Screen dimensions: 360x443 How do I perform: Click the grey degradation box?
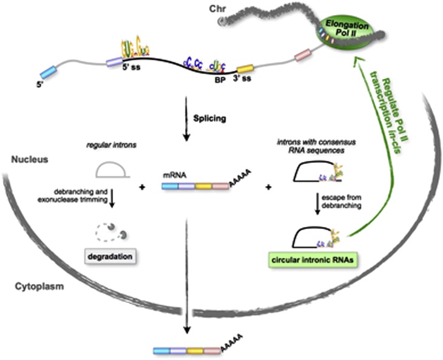pyautogui.click(x=112, y=257)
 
